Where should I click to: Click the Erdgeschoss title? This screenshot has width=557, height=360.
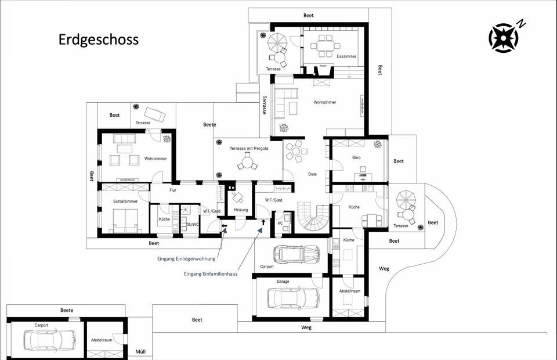99,39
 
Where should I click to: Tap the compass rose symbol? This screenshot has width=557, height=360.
504,38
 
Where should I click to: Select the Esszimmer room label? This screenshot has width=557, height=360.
346,56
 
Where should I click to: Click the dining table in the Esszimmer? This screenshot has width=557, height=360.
325,46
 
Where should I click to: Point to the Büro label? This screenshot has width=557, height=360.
356,157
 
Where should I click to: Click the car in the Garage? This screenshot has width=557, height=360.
293,297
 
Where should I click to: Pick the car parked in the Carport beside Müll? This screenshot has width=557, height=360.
50,339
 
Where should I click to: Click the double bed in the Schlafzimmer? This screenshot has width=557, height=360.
125,220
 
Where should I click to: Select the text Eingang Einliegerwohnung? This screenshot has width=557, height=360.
186,259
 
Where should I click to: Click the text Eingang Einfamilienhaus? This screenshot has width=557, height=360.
211,273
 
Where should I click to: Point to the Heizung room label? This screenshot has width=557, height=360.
241,210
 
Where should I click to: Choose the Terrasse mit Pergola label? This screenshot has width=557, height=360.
249,148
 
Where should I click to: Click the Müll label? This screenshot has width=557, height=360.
140,352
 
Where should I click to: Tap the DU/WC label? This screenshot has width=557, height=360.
193,224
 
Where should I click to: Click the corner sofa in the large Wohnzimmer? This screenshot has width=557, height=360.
285,103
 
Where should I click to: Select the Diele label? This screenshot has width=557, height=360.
312,174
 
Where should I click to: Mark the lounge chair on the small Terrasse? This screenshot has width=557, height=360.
154,114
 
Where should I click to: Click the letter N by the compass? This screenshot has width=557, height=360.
521,24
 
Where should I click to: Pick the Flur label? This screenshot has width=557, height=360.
173,190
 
